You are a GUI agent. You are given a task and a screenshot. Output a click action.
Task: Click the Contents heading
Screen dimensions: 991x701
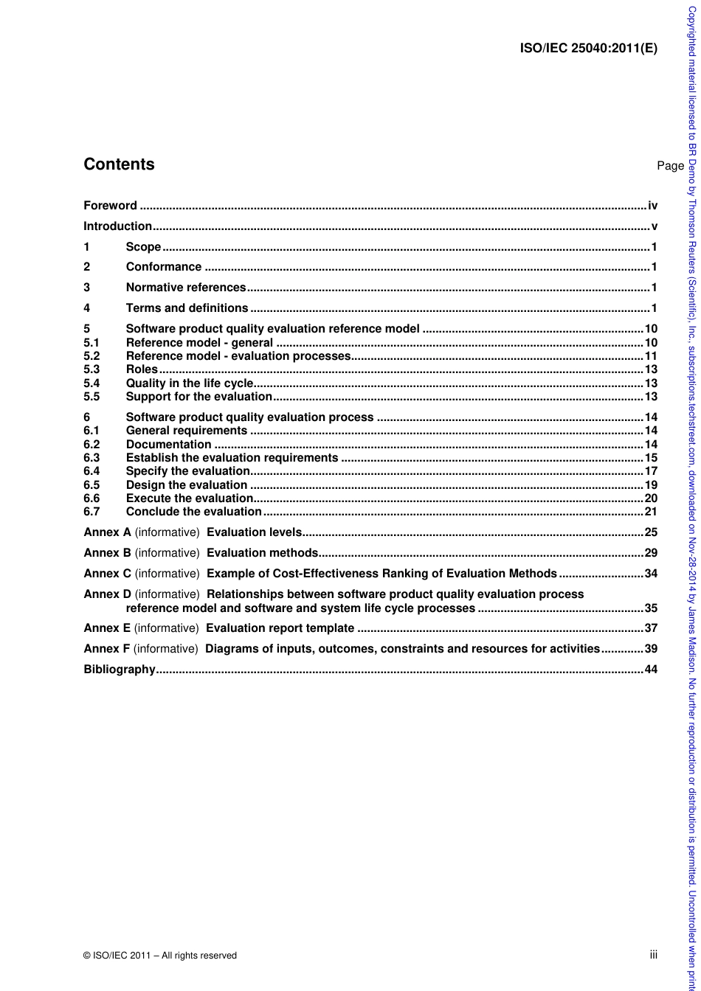119,164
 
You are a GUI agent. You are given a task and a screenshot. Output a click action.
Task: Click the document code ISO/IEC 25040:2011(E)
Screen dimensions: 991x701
588,49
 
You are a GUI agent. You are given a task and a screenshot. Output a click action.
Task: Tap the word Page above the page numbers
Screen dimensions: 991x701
670,166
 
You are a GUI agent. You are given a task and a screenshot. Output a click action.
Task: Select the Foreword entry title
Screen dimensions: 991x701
110,206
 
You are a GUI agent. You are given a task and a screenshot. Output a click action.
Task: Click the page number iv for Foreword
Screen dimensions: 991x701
652,206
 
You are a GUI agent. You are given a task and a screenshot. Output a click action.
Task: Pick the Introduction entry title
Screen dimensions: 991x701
117,226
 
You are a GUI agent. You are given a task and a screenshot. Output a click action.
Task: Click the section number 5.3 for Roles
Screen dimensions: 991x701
91,369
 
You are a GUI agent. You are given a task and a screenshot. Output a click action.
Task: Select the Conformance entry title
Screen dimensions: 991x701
163,267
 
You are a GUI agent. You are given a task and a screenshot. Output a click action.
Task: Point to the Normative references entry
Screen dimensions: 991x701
185,288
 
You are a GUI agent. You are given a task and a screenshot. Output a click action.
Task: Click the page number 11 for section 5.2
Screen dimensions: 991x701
651,356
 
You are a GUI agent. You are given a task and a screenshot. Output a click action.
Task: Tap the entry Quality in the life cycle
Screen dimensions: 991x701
189,383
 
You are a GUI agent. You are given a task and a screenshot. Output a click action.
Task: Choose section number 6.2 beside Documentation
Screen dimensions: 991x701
91,445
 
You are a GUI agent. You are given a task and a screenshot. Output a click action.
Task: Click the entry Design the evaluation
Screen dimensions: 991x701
186,485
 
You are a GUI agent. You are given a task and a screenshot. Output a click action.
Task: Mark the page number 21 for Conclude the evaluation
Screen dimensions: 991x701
651,512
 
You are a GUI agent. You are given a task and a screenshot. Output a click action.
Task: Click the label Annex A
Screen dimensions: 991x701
107,532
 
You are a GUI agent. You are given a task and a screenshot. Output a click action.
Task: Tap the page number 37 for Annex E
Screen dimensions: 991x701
651,628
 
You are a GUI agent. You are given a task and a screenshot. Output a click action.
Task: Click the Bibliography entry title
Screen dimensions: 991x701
120,670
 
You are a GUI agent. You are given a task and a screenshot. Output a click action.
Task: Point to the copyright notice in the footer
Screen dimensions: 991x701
160,956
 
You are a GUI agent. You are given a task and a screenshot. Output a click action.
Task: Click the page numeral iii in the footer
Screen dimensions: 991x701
654,955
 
